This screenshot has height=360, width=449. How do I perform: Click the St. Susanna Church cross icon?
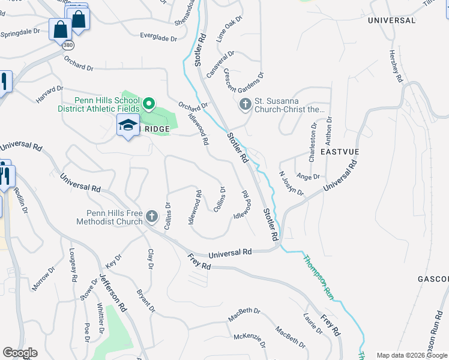tap(245, 105)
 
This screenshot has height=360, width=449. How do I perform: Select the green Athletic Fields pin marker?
tap(149, 105)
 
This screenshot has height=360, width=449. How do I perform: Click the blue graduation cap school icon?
tap(127, 125)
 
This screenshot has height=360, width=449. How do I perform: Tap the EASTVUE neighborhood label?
tap(339, 152)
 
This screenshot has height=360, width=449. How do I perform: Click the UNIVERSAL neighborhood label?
tap(391, 20)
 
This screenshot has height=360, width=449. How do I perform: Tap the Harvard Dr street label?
tap(49, 94)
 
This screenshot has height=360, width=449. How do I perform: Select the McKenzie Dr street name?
tap(249, 340)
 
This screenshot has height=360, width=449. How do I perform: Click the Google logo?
tap(20, 353)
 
